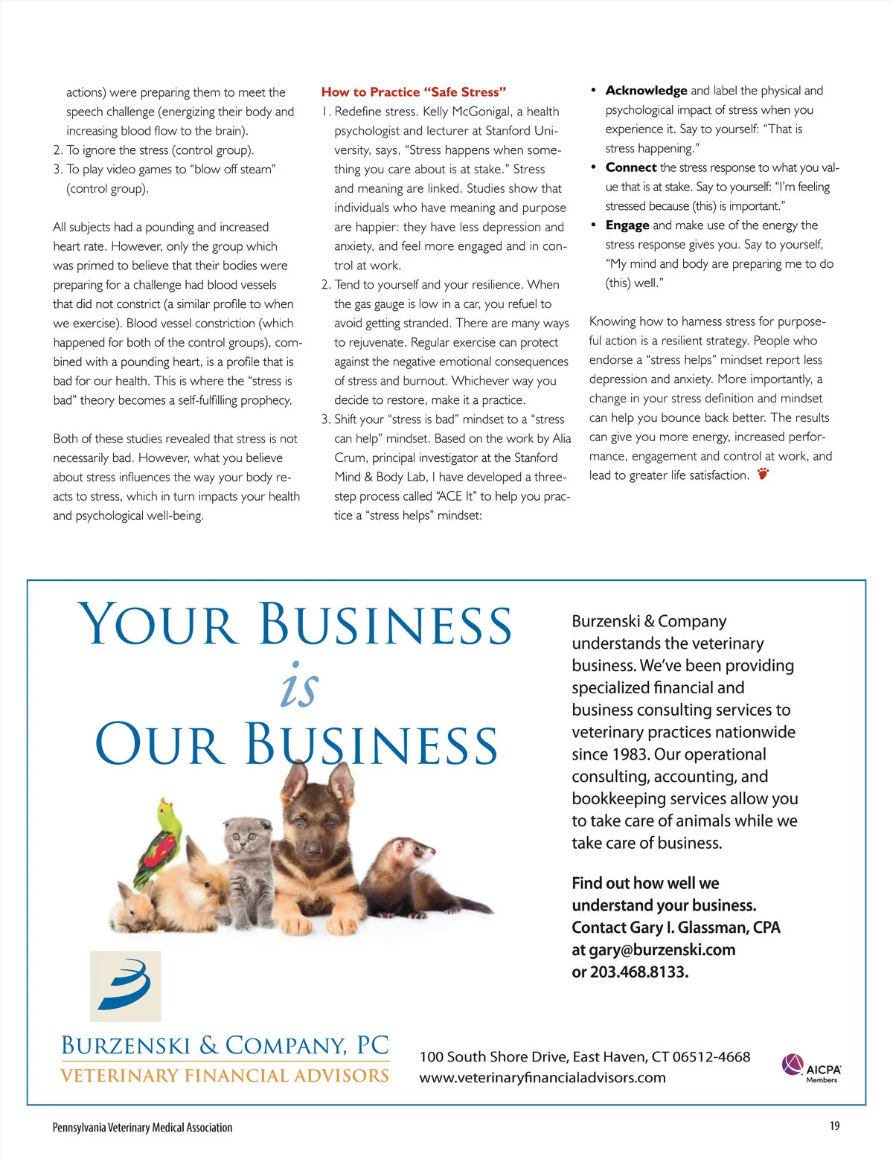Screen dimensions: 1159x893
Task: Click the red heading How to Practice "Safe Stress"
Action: [x=413, y=92]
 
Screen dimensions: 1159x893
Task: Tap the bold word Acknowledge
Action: [x=646, y=91]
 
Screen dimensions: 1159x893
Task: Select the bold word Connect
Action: [x=630, y=167]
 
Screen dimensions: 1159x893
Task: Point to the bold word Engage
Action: [x=627, y=225]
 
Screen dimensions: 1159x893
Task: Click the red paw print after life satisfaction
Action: [x=763, y=474]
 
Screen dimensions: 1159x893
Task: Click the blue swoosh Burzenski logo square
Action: [x=125, y=986]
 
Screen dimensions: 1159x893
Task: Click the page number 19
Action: [x=834, y=1126]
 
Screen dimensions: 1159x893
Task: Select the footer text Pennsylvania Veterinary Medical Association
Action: [x=142, y=1128]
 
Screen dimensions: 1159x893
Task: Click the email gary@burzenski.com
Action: [x=662, y=950]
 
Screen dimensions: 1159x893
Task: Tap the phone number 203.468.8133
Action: [x=639, y=972]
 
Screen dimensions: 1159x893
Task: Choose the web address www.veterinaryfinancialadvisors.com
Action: [x=542, y=1078]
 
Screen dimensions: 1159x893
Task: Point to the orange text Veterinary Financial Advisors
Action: [x=224, y=1076]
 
